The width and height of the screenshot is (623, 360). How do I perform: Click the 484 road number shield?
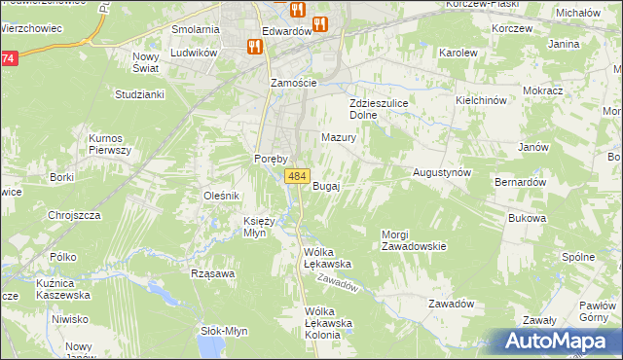coord(298,176)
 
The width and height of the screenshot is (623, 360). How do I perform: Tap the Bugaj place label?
coord(326,186)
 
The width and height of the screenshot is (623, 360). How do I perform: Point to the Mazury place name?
coord(339,138)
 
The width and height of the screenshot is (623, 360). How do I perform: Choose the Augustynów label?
coord(442,171)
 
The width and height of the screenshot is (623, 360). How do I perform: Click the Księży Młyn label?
coord(261,227)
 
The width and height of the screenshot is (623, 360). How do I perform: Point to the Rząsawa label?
coord(214,273)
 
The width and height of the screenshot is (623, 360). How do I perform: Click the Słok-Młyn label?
coord(224,331)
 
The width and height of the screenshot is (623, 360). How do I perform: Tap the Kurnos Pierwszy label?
coord(109,144)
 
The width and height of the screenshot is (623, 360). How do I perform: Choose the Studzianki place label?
coord(139,94)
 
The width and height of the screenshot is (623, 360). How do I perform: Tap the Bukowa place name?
coord(526,218)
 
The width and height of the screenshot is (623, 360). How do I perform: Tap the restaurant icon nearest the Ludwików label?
coord(254,45)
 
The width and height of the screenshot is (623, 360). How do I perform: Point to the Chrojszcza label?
coord(75,215)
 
